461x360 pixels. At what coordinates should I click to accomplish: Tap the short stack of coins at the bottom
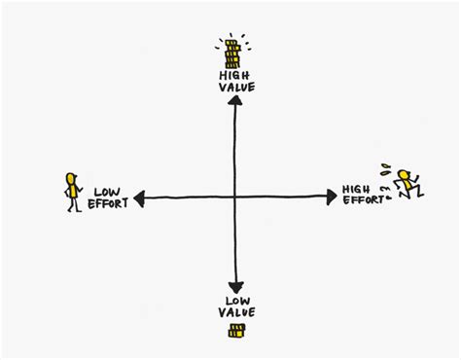[234, 332]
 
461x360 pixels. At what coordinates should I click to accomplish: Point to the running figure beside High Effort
[407, 184]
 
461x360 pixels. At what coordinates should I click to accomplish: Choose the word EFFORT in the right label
[363, 200]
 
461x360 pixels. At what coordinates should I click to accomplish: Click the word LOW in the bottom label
[234, 300]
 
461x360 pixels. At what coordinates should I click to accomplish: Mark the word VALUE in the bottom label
[235, 311]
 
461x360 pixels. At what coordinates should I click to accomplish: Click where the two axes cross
[234, 197]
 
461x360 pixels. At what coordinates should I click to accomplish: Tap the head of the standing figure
[70, 179]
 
